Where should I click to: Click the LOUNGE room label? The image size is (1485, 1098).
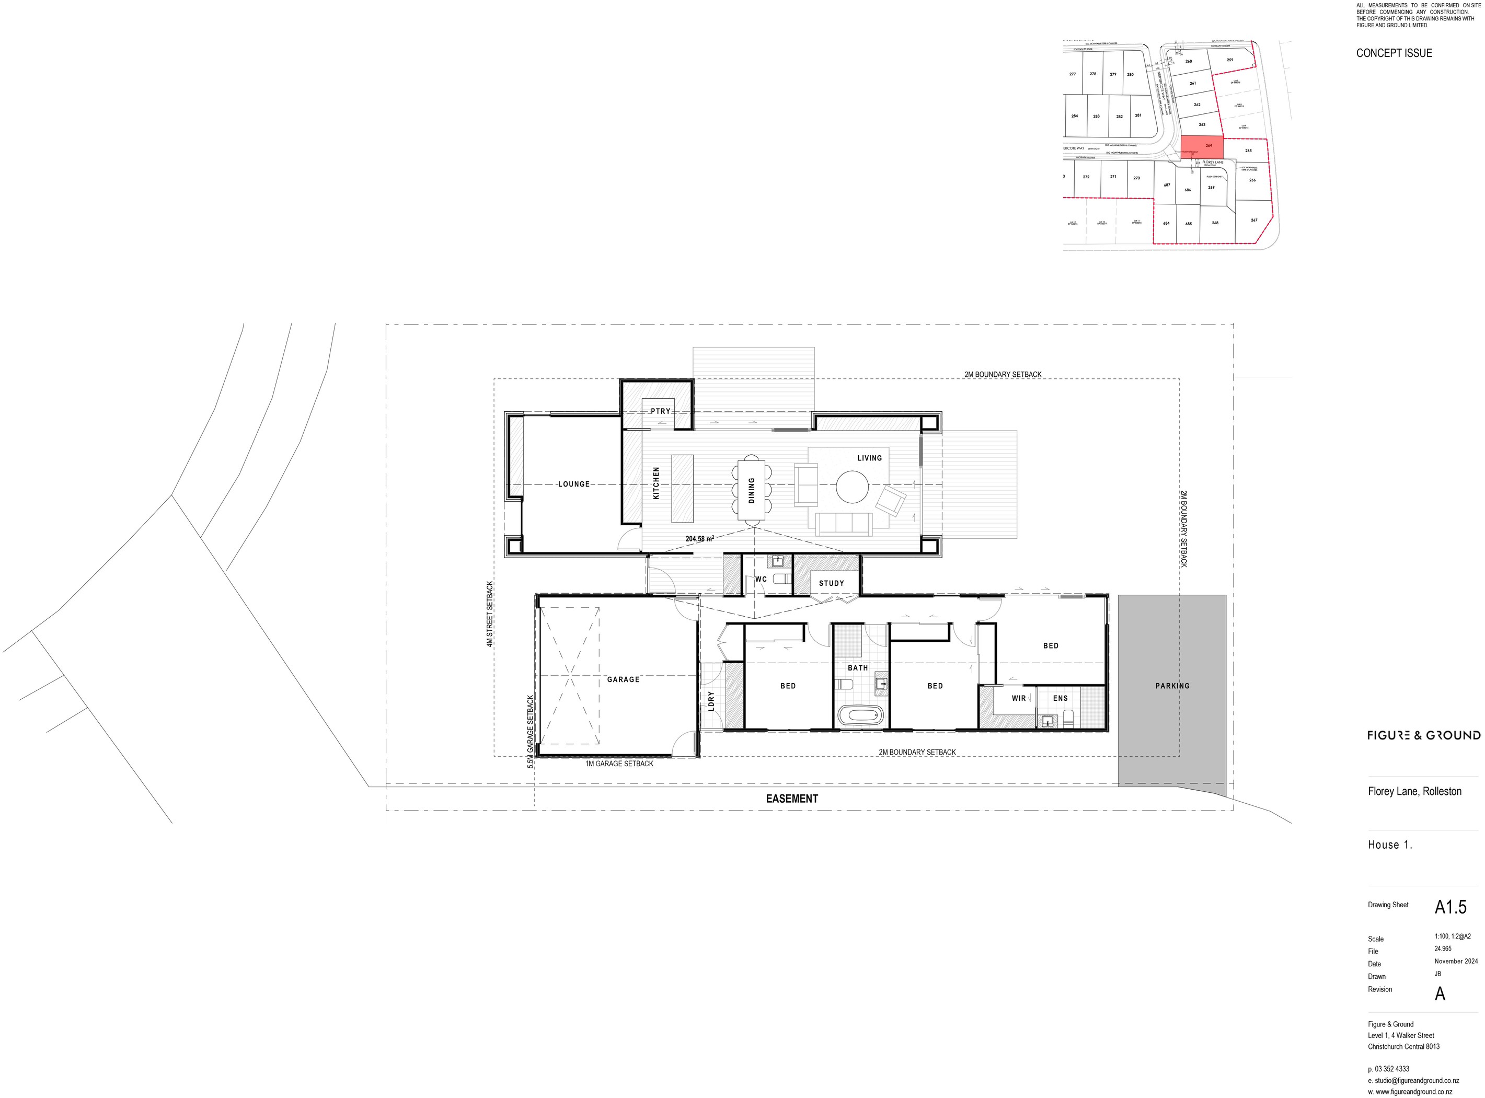(573, 484)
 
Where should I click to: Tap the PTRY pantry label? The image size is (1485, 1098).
(660, 411)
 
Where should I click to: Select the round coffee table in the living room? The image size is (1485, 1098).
(851, 487)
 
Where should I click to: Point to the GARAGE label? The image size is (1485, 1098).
(623, 679)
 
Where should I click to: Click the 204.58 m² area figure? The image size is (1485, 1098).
(699, 539)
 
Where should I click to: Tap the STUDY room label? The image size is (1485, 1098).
(831, 583)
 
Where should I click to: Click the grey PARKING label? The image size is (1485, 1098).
(1172, 686)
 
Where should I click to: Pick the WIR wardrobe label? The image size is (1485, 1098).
(1018, 698)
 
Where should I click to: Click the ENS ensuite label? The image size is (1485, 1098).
(1060, 698)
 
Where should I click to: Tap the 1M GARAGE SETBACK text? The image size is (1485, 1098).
(619, 764)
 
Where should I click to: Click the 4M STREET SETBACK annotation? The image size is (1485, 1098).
(490, 614)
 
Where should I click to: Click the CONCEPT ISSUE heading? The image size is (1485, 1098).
(1394, 53)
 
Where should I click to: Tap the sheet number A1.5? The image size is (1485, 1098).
(1450, 907)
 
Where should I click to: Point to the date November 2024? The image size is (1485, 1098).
(1456, 961)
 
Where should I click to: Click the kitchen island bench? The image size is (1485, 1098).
(682, 488)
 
